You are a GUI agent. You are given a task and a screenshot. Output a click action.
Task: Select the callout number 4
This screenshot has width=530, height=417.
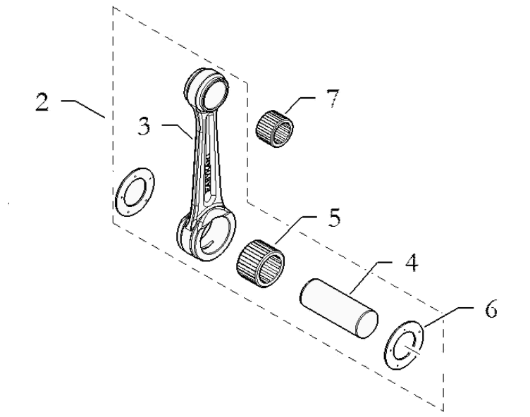pyautogui.click(x=411, y=264)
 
